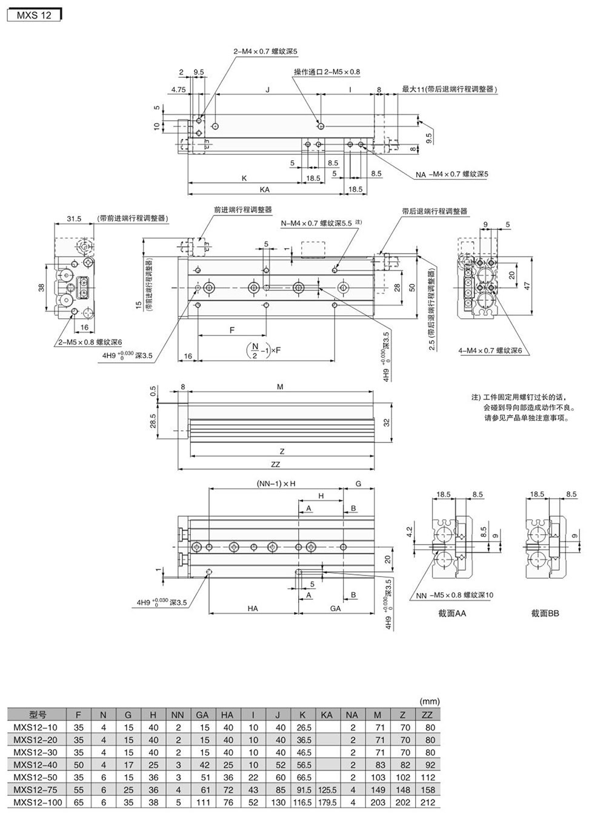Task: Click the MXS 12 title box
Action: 34,16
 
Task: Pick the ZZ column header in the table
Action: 430,715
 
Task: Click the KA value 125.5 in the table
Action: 327,790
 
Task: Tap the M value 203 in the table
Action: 378,802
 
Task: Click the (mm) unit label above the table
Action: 429,701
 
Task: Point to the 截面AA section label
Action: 452,613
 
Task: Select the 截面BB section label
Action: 545,613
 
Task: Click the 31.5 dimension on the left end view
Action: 74,218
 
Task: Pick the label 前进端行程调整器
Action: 242,209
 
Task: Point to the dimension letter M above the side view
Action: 280,386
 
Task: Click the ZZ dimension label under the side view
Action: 276,464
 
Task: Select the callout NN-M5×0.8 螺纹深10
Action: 454,594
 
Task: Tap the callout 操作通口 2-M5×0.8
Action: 327,71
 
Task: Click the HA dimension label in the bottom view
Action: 253,608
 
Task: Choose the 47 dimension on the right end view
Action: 527,286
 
